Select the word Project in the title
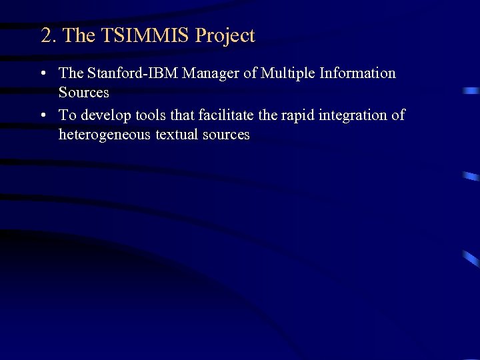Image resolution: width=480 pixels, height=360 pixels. coord(225,36)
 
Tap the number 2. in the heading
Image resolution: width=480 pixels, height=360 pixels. coord(49,35)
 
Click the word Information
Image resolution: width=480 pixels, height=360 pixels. coord(358,73)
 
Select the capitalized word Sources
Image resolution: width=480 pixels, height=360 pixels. coord(83,92)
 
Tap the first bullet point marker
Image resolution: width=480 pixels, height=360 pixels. coord(43,74)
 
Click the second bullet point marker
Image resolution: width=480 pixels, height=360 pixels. coord(43,116)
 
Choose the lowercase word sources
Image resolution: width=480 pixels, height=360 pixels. coord(228,135)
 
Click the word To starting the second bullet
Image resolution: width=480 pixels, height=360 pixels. coord(67,115)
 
